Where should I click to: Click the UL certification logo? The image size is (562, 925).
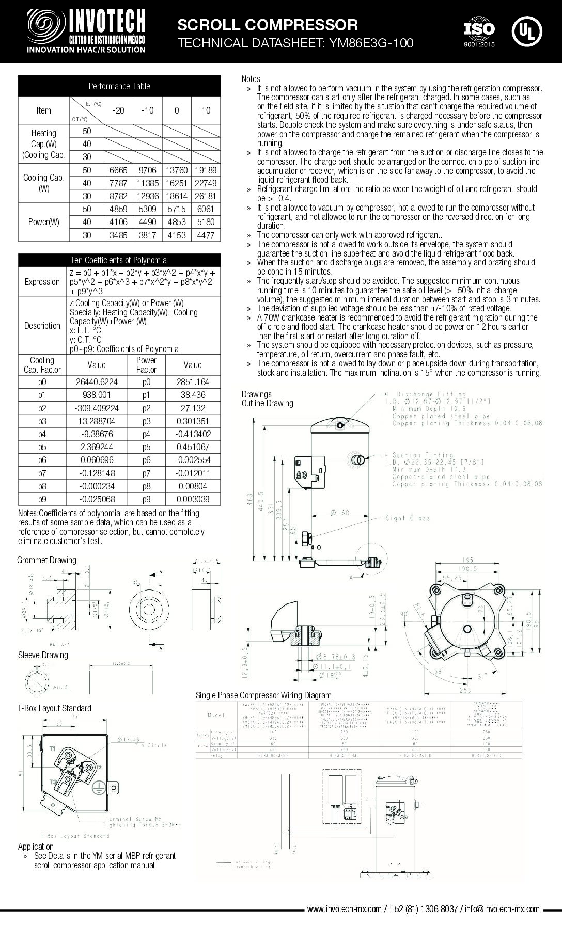coord(526,31)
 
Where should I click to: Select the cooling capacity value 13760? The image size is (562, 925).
coord(177,170)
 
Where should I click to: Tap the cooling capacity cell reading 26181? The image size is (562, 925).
coord(206,196)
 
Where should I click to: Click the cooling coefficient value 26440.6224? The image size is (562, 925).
coord(97,382)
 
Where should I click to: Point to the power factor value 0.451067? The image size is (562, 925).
coord(193,447)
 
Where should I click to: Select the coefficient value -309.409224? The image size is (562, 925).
coord(97,408)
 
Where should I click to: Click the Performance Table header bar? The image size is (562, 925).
coord(119,86)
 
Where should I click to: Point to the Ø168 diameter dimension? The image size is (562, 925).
coord(340,512)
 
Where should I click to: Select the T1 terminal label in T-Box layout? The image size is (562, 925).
coord(52,748)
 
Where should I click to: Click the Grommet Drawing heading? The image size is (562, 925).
coord(46,560)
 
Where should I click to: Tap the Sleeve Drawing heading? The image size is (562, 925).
coord(43,655)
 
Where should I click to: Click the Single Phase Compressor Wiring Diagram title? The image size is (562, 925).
coord(263,695)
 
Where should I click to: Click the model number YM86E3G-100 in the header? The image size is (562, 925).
coord(368,43)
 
